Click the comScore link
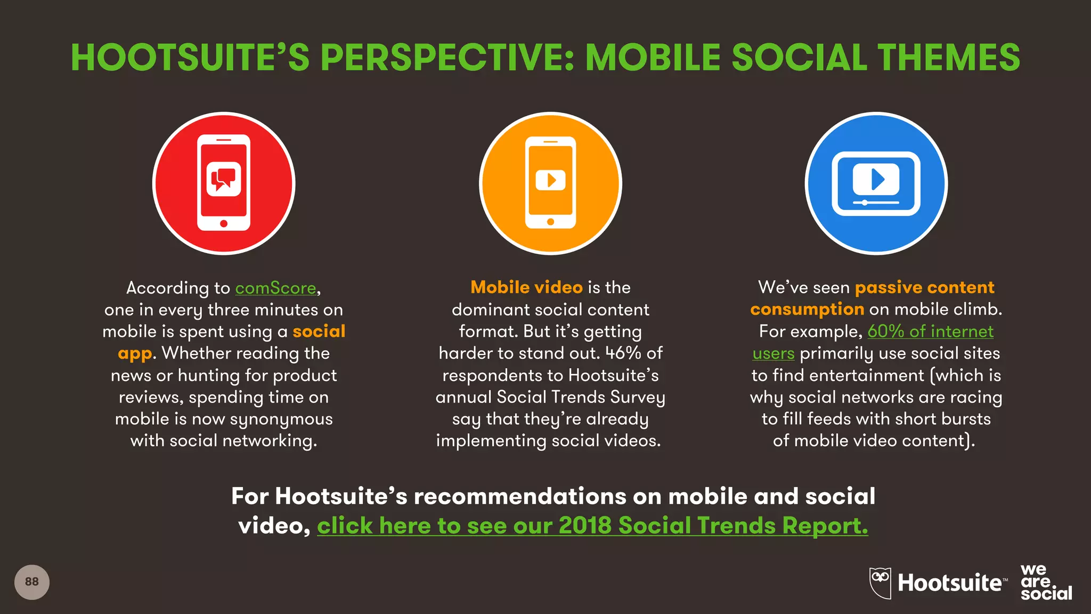coord(276,288)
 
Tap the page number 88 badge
coord(32,582)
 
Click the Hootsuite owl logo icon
coord(880,583)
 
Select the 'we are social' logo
coord(1046,583)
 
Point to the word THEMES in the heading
coord(948,58)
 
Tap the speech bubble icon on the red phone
coord(224,179)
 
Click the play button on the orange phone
coord(550,180)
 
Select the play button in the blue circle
coord(876,179)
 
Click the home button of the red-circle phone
coord(224,223)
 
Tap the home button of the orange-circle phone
coord(550,221)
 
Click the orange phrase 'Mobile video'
coord(526,288)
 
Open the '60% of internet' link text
coord(930,332)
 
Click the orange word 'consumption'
coord(807,309)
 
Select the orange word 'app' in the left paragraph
coord(135,353)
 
